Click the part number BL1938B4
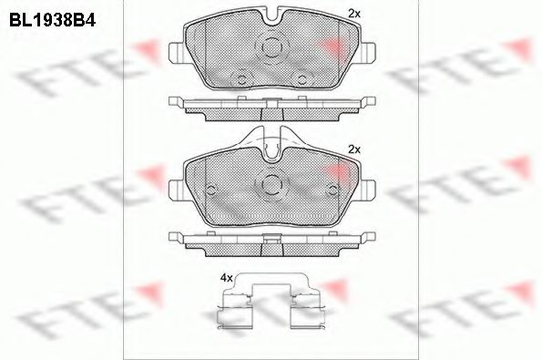[x=52, y=20]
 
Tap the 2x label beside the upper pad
[x=354, y=14]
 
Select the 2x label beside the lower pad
[x=354, y=149]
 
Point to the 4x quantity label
[x=227, y=278]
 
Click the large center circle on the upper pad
[x=271, y=46]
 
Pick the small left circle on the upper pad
[x=242, y=80]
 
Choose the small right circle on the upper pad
[x=302, y=80]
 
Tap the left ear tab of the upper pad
[x=177, y=53]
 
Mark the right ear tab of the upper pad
[x=367, y=53]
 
